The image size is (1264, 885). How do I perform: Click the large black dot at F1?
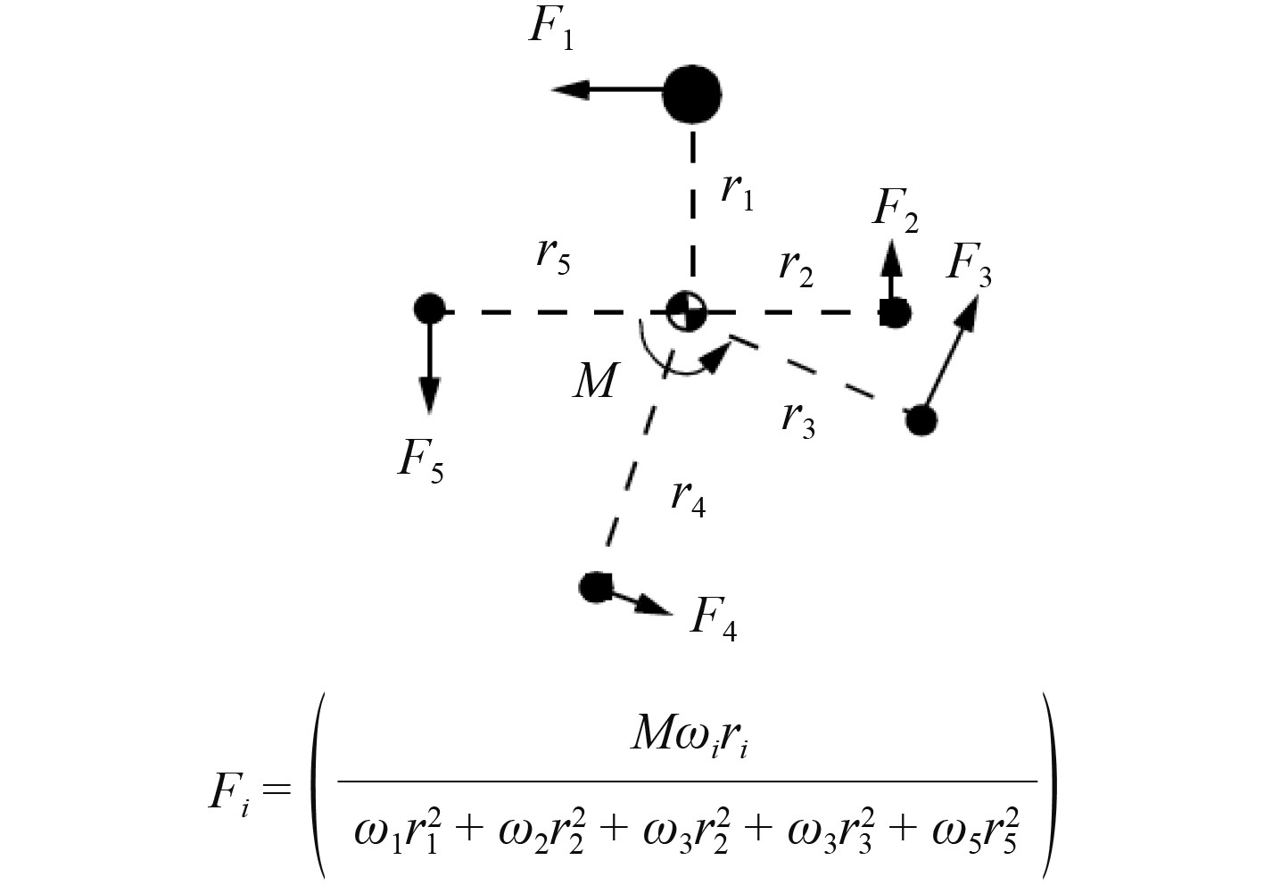[692, 93]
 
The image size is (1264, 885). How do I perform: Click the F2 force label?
[895, 211]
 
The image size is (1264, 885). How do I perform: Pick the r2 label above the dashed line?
[796, 267]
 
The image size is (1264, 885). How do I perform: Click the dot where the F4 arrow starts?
[594, 587]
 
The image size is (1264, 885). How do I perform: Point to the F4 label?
[714, 617]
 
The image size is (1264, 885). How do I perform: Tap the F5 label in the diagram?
[420, 462]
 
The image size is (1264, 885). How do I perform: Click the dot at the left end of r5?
[429, 310]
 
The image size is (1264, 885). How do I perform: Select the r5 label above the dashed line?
[553, 255]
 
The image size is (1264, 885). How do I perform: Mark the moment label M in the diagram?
[595, 382]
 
